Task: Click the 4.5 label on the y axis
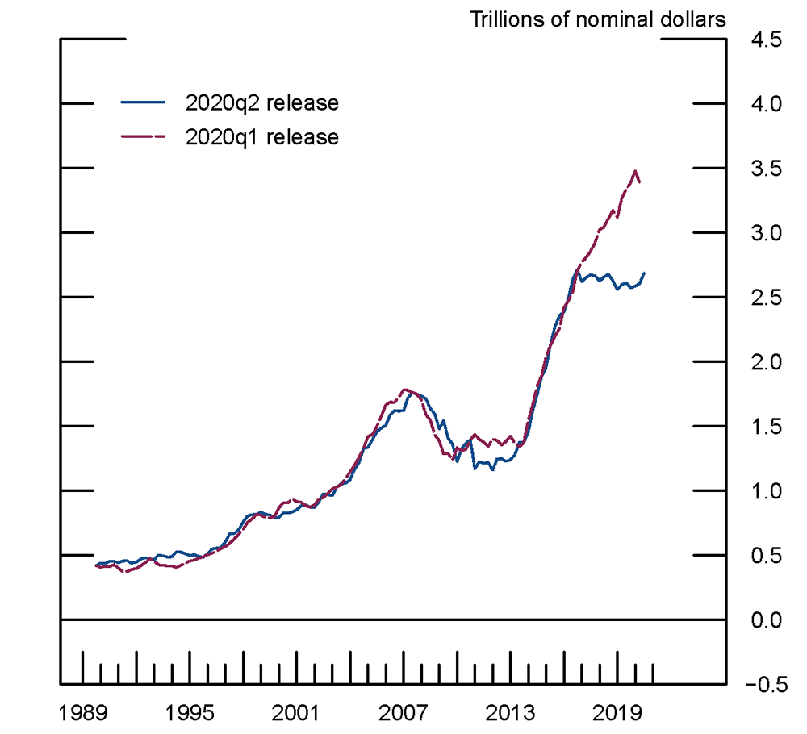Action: [766, 40]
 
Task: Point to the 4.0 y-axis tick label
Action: [766, 104]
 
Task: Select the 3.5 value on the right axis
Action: [766, 169]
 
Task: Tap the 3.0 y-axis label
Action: [766, 233]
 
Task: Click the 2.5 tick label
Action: [766, 298]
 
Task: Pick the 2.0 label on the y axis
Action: [766, 362]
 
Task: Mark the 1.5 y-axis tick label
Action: [766, 427]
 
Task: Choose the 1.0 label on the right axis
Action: [766, 491]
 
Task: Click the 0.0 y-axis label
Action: [766, 620]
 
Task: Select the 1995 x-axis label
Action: [190, 713]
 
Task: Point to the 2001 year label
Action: [296, 713]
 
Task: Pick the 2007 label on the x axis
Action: [403, 713]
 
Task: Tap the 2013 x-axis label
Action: [510, 713]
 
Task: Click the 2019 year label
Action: [617, 713]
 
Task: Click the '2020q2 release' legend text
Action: [261, 103]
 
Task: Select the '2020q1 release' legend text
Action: [261, 137]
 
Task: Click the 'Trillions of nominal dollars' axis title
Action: [598, 19]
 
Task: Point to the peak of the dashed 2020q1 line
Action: [635, 171]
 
